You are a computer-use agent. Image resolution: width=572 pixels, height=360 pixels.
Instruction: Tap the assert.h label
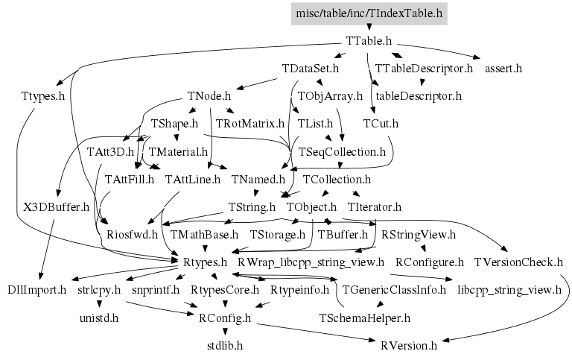pos(503,69)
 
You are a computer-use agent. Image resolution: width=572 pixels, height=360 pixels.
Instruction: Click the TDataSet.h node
pos(311,69)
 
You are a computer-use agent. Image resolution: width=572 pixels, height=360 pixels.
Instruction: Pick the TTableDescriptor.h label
pos(424,69)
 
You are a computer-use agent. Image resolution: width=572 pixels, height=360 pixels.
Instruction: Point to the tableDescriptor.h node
pos(419,96)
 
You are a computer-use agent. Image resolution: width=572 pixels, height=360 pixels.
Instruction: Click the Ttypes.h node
pos(42,96)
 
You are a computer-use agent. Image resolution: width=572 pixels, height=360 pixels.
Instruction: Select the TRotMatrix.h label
pos(250,123)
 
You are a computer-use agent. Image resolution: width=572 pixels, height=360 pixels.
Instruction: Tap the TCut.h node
pos(381,123)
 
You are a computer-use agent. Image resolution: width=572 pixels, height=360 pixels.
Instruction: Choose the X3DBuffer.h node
pos(57,206)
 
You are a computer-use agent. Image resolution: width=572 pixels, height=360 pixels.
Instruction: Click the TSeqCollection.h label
pos(342,151)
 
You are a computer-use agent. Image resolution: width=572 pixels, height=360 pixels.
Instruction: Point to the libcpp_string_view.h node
pos(509,289)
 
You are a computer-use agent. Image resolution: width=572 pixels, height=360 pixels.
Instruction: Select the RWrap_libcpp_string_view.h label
pos(311,262)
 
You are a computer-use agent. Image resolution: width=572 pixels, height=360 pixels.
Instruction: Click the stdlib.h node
pos(225,346)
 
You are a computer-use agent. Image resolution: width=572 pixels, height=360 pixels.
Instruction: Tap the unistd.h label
pos(99,318)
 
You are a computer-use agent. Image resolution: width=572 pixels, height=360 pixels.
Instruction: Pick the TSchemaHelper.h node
pos(364,318)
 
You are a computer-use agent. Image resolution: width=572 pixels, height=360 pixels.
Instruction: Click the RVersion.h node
pos(409,346)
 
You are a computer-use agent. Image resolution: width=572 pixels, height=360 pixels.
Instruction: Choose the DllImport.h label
pos(37,289)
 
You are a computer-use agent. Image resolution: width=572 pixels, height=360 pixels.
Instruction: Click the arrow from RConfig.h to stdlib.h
pos(225,332)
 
